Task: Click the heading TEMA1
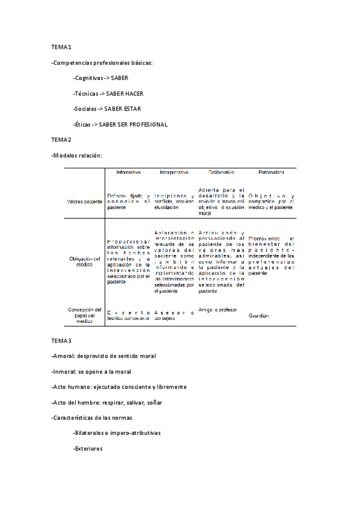pos(61,47)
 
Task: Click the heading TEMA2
pos(61,140)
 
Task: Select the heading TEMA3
pos(61,340)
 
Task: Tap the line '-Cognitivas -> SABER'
pos(100,78)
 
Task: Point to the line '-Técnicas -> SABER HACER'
pos(108,94)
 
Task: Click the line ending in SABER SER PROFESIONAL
pos(120,124)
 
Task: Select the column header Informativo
pos(129,173)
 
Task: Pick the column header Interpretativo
pos(174,173)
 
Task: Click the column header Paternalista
pos(271,173)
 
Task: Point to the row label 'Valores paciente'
pos(85,201)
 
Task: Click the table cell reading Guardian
pos(258,316)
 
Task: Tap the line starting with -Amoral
pos(104,356)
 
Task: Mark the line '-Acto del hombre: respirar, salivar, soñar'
pos(106,402)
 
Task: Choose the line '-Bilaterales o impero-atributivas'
pos(117,433)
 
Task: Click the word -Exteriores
pos(88,449)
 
